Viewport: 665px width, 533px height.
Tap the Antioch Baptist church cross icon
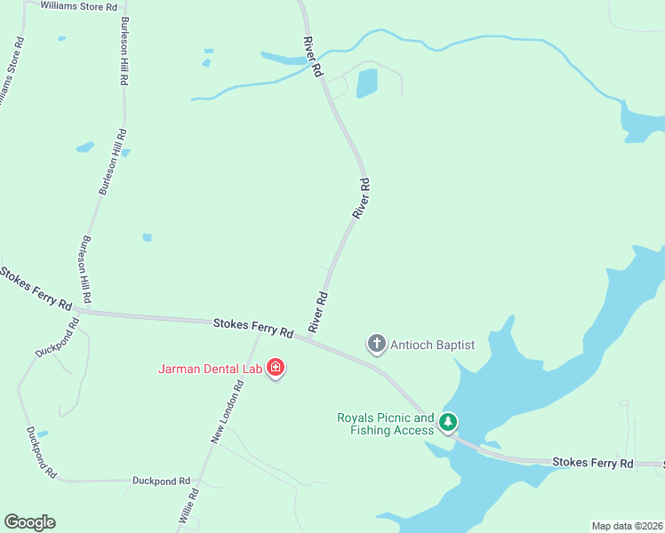[x=377, y=344]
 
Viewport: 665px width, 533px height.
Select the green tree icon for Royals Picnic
[x=450, y=422]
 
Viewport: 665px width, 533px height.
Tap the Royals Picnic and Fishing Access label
[x=386, y=424]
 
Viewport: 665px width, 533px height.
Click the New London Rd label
[x=228, y=412]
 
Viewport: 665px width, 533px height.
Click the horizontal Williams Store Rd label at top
[x=78, y=6]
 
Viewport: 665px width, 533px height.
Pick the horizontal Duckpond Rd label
[x=162, y=481]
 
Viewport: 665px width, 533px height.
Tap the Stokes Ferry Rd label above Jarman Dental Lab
[x=253, y=327]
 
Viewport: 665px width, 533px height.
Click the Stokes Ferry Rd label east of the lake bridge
[x=593, y=463]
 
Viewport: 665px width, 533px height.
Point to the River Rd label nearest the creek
[x=312, y=57]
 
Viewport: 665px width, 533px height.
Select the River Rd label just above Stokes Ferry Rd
[x=318, y=313]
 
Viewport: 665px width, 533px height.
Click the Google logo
[x=29, y=522]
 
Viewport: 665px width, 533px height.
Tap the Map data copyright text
[x=627, y=525]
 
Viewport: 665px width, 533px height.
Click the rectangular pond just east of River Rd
[x=366, y=84]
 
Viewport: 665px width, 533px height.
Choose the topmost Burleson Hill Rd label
[x=123, y=52]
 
